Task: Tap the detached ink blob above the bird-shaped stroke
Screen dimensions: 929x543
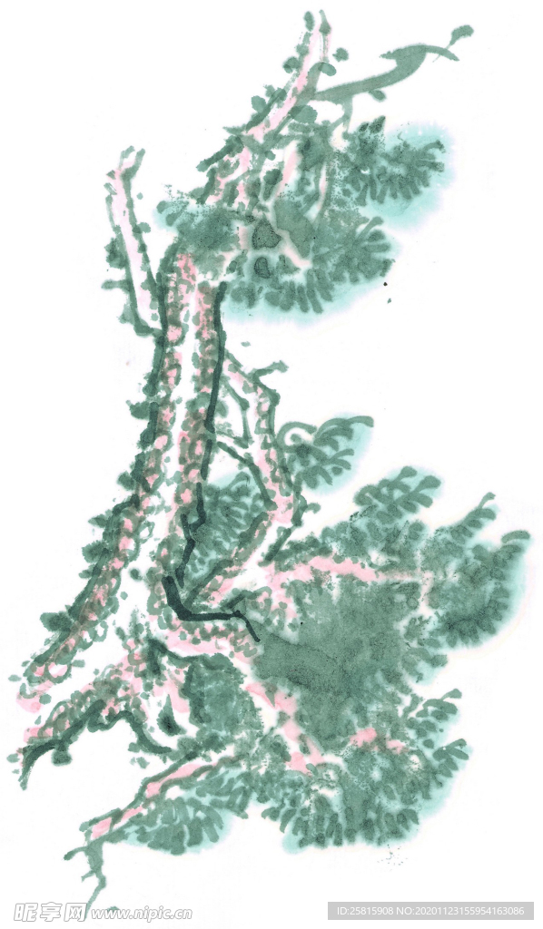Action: pyautogui.click(x=462, y=34)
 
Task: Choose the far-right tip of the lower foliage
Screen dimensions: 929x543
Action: pyautogui.click(x=524, y=537)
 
